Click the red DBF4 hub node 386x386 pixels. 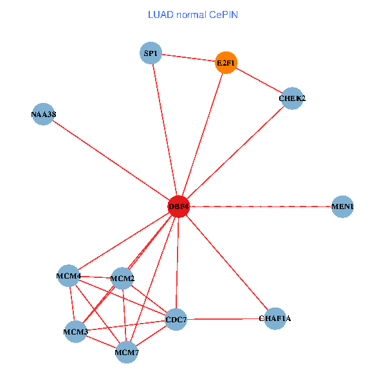[178, 207]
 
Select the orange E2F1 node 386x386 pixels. [226, 62]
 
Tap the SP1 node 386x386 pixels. [151, 53]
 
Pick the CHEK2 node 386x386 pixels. [292, 98]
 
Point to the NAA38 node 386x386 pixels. [43, 115]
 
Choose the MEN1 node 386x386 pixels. [342, 207]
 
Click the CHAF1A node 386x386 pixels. [275, 318]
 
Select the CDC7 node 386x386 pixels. [176, 320]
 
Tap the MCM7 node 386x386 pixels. [127, 353]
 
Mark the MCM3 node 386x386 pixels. [75, 332]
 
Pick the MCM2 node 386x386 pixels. [122, 279]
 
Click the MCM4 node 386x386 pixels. [68, 277]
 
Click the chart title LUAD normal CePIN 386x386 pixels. [193, 14]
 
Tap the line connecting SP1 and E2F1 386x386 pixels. [188, 57]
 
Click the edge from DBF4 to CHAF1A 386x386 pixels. [226, 262]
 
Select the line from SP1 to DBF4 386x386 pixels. [164, 129]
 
